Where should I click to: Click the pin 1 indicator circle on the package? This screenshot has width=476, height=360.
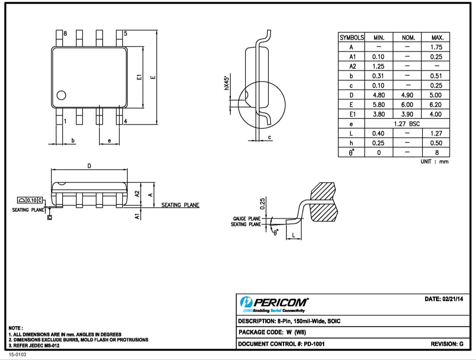(61, 95)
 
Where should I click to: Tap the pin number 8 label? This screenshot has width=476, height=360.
(65, 33)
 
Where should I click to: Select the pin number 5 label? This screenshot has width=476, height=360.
(125, 33)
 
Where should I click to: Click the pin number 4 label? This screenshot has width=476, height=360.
(125, 121)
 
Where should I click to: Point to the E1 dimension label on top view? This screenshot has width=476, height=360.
(139, 77)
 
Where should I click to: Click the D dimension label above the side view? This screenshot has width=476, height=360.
(89, 166)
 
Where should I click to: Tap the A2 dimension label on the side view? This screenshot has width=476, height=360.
(137, 194)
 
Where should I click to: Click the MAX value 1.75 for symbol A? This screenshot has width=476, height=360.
(436, 47)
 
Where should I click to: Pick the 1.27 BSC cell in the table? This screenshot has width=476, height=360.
(407, 124)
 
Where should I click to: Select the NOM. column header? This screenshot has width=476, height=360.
(408, 38)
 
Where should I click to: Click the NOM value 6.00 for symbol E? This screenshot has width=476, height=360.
(407, 105)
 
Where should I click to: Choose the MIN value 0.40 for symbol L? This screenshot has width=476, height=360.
(378, 133)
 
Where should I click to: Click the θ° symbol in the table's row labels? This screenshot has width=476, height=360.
(351, 152)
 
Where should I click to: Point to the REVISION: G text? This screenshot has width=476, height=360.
(447, 344)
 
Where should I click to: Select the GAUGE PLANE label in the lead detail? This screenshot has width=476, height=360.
(247, 219)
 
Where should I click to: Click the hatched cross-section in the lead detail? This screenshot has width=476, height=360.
(323, 203)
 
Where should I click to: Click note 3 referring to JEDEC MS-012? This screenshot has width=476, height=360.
(34, 346)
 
